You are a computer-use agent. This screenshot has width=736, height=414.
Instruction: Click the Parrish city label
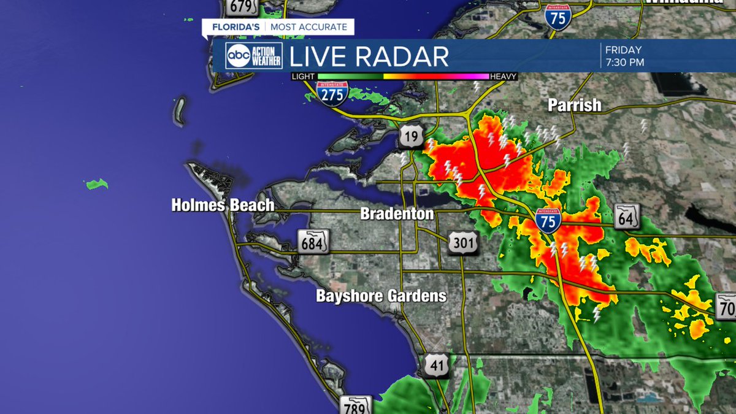click(x=574, y=105)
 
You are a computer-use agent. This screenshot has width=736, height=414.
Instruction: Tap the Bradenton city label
click(x=397, y=214)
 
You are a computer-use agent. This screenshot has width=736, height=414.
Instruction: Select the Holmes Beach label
click(x=223, y=205)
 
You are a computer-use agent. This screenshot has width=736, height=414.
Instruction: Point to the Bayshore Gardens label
click(x=381, y=296)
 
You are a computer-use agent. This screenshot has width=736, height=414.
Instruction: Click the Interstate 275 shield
click(x=332, y=92)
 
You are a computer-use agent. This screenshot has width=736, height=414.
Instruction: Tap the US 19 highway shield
click(x=410, y=136)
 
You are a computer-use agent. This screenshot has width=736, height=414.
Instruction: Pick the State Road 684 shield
click(x=313, y=242)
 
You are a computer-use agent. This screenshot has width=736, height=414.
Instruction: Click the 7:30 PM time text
click(x=624, y=62)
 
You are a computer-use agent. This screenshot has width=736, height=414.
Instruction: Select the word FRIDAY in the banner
click(x=623, y=50)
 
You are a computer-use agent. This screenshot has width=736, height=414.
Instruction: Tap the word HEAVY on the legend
click(x=504, y=77)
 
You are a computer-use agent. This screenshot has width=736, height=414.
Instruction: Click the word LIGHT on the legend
click(x=303, y=77)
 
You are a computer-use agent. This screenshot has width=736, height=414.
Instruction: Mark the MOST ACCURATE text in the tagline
click(x=310, y=27)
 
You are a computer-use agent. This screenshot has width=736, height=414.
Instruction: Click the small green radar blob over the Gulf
click(x=97, y=183)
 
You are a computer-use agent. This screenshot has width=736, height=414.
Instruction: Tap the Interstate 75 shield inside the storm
click(x=547, y=220)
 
